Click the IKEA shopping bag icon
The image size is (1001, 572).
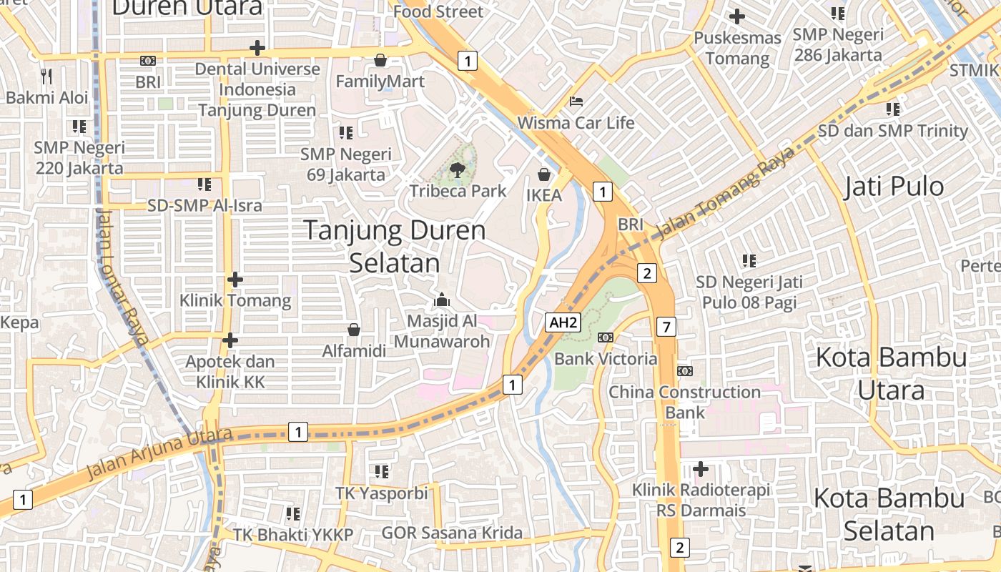point(544,174)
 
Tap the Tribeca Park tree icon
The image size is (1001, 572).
point(457,170)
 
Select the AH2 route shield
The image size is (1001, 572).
point(563,322)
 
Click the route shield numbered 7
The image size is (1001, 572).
point(666,327)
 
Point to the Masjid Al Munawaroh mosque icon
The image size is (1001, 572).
point(442,300)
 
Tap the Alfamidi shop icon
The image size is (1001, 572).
point(353,330)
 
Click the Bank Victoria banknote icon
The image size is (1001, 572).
point(605,337)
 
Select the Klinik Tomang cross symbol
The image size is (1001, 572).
point(235,280)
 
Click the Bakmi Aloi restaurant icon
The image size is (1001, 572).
point(46,76)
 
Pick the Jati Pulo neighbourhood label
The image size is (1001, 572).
point(894,187)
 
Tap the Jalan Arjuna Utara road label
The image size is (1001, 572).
point(159,453)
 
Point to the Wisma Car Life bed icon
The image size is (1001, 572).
point(576,102)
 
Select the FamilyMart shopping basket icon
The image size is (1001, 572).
point(380,60)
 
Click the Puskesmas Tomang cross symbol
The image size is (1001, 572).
point(736,16)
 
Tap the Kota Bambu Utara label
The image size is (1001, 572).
point(891,373)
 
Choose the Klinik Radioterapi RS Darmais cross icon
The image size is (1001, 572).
point(701,469)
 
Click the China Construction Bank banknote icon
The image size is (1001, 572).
point(685,371)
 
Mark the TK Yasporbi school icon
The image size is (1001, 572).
point(382,472)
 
